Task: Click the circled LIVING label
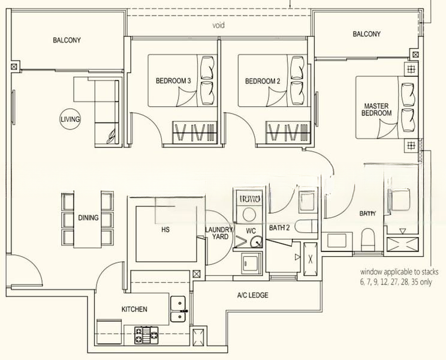(x=70, y=119)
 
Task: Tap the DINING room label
(x=88, y=218)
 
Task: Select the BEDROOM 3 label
(x=173, y=81)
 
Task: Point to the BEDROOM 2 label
(x=263, y=81)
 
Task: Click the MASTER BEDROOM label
(x=377, y=110)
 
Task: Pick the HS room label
(x=166, y=229)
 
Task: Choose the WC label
(x=252, y=230)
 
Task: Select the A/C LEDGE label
(x=252, y=295)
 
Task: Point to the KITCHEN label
(x=134, y=309)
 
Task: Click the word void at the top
(x=218, y=26)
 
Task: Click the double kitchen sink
(x=177, y=309)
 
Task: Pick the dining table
(x=88, y=218)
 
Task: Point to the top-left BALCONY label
(x=67, y=40)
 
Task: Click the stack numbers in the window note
(x=395, y=281)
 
